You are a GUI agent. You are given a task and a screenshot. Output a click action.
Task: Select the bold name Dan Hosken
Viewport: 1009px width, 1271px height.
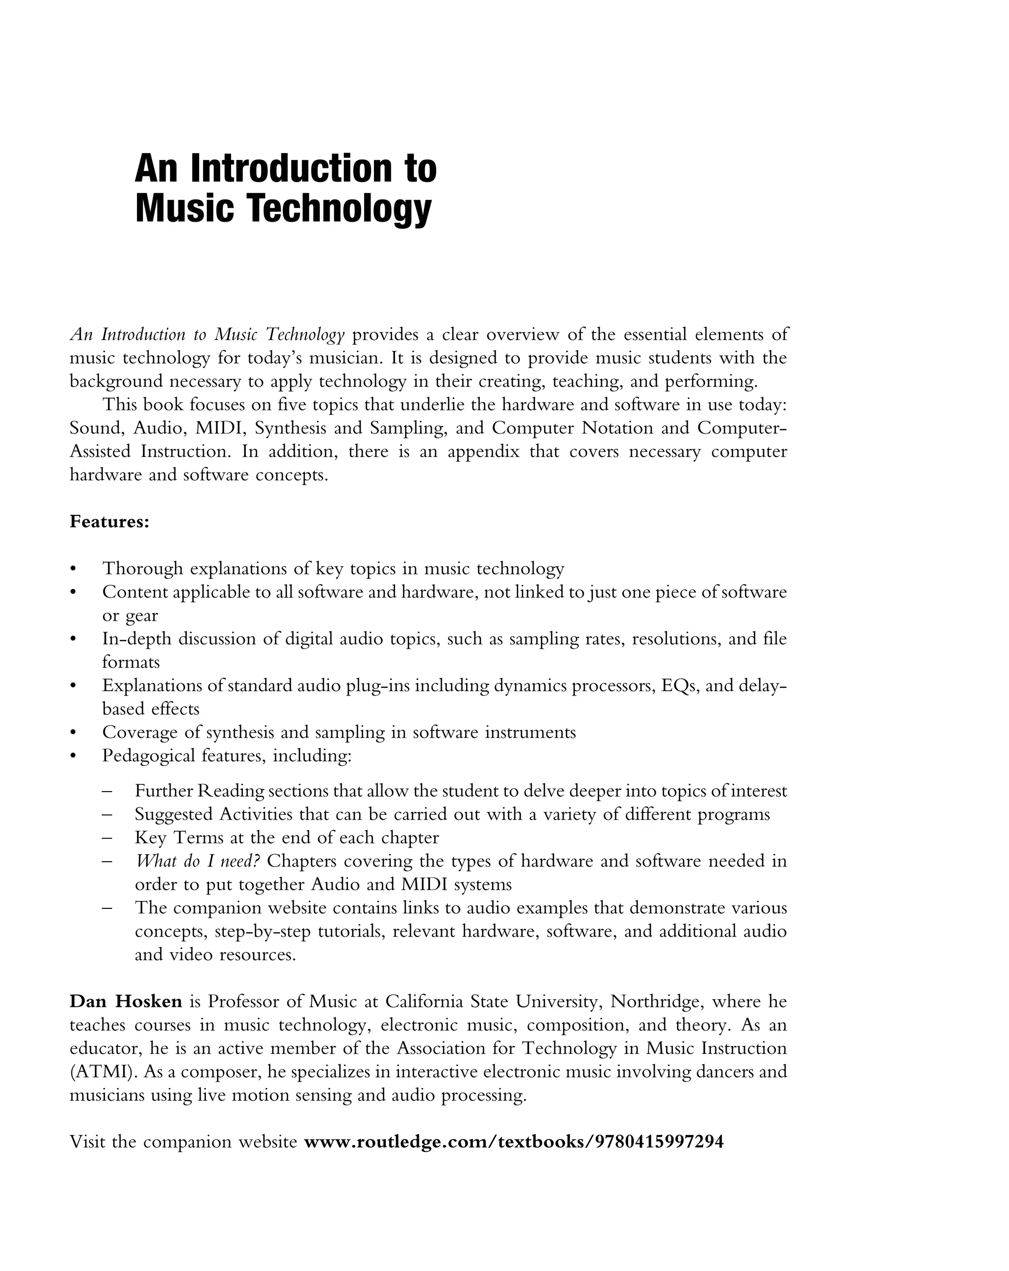click(126, 1001)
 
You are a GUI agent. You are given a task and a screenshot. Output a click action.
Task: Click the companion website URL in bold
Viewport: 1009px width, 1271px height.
click(512, 1142)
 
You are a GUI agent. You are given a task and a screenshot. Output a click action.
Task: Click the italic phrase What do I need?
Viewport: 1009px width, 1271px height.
click(198, 861)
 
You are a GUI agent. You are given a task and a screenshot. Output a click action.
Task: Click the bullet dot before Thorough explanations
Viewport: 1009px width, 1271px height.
click(73, 569)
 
